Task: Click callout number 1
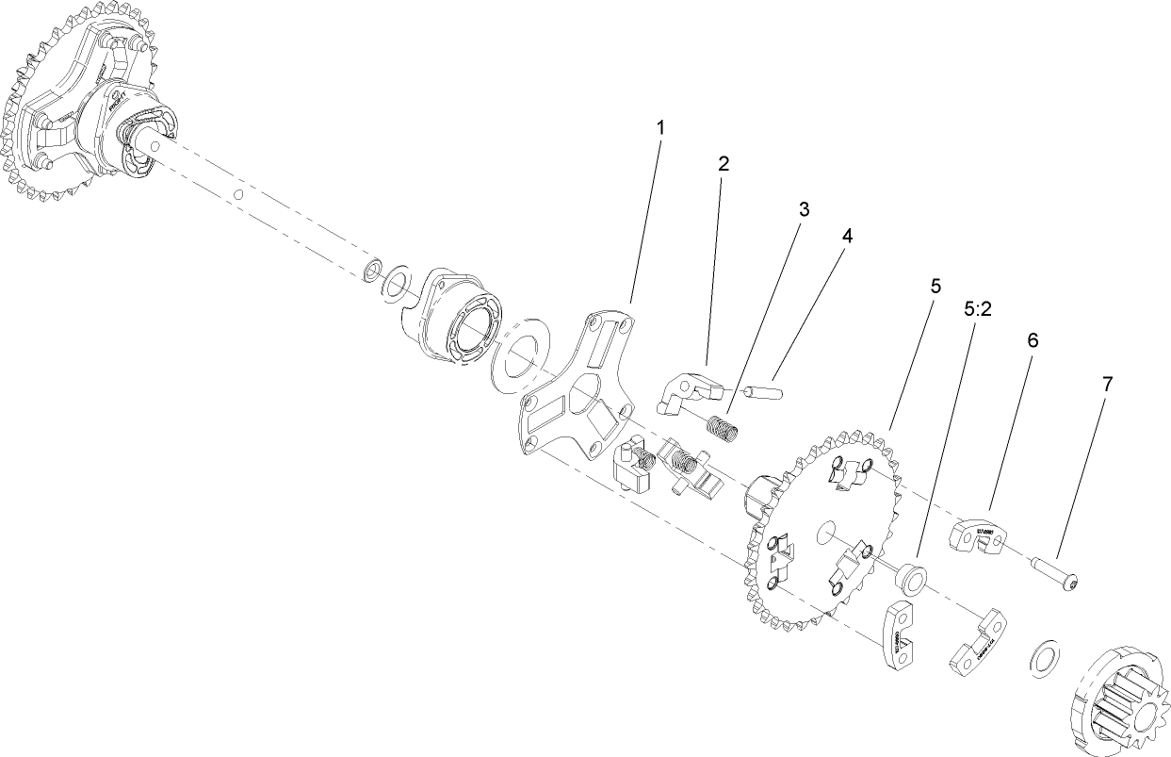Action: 660,126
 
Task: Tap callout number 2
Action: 724,163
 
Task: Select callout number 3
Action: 804,208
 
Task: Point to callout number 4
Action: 847,237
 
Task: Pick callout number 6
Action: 1033,340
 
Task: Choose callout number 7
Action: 1107,384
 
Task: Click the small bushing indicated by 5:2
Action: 910,576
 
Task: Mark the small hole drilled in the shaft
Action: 239,195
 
